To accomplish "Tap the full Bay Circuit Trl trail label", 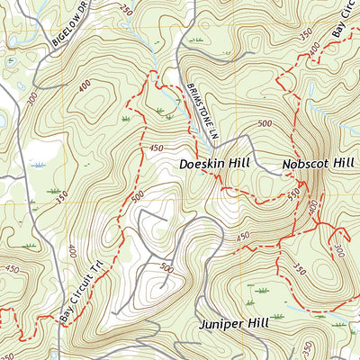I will pos(83,291).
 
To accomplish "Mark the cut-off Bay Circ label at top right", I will pos(343,18).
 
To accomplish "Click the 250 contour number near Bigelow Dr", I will pos(124,11).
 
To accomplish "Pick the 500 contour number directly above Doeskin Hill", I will pos(264,124).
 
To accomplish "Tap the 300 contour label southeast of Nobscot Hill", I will pos(339,249).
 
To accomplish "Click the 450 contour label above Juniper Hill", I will pos(242,237).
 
